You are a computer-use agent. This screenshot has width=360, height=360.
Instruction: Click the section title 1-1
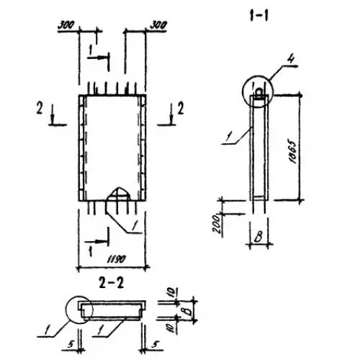[x=259, y=16]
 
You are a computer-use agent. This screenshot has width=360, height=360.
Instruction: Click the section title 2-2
[x=112, y=283]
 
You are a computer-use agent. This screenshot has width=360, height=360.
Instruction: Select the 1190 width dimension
[x=117, y=258]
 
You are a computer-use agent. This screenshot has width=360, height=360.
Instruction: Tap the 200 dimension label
[x=217, y=223]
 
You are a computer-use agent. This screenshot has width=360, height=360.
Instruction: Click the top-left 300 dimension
[x=66, y=25]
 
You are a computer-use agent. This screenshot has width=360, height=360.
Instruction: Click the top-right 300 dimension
[x=158, y=25]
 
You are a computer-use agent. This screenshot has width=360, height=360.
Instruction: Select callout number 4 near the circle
[x=291, y=59]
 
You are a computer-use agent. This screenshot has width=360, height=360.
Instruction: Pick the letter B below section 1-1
[x=258, y=236]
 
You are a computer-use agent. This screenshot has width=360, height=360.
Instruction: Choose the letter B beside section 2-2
[x=189, y=311]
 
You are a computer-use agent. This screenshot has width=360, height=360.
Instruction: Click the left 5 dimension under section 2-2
[x=71, y=344]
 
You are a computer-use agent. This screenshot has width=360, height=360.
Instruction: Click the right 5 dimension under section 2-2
[x=155, y=344]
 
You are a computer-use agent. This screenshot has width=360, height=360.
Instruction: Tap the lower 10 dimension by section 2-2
[x=171, y=328]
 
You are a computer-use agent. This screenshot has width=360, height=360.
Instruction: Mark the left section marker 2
[x=40, y=108]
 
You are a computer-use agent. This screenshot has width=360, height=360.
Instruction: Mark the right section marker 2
[x=181, y=108]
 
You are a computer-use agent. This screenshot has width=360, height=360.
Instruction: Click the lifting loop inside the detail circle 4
[x=259, y=93]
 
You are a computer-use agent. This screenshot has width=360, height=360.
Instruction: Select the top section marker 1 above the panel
[x=91, y=50]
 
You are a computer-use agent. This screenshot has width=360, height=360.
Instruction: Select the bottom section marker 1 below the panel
[x=91, y=251]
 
